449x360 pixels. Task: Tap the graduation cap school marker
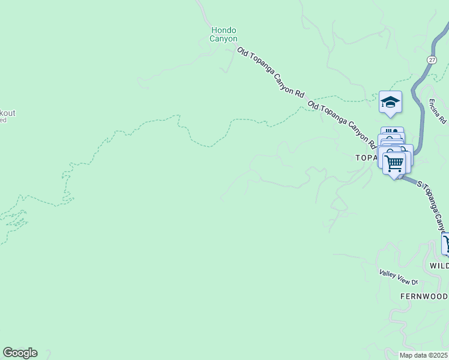[390, 101]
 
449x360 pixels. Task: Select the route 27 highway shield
[432, 60]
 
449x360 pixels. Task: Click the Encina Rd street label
[436, 112]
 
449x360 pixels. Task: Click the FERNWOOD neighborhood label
[424, 297]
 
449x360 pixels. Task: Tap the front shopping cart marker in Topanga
[394, 163]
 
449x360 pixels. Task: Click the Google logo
[20, 353]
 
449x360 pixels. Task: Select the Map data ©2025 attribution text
[424, 355]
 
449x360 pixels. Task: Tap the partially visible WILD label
[439, 265]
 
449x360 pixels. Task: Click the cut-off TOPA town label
[366, 157]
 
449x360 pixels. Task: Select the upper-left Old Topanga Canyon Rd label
[271, 73]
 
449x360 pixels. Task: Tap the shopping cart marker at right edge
[446, 244]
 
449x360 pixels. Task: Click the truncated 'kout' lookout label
[8, 113]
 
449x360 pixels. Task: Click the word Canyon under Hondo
[223, 39]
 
